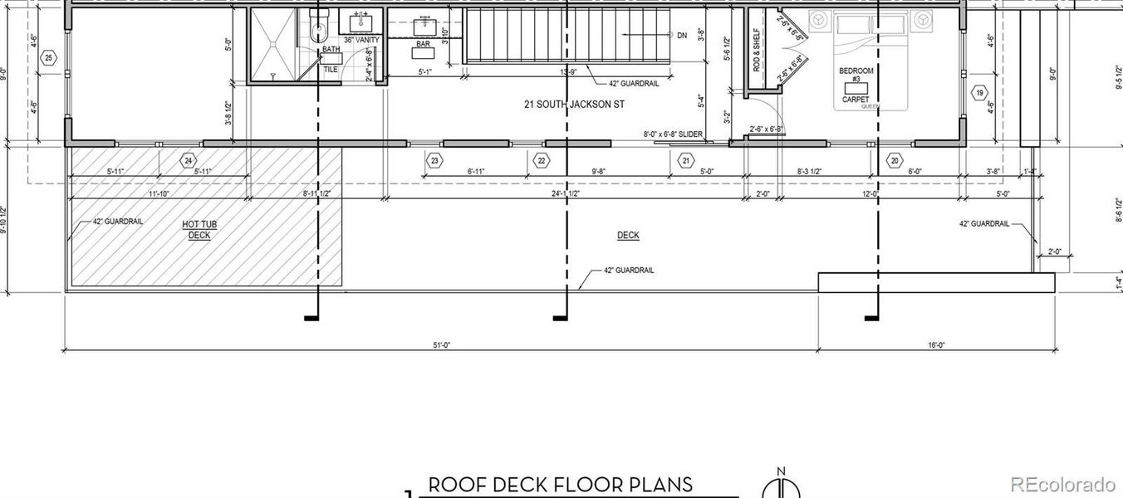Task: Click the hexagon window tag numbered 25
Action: tap(49, 57)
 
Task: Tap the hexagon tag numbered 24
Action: tap(189, 160)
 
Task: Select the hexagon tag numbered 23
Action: tap(434, 160)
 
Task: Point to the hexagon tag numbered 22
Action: tap(542, 160)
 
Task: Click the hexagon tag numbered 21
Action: tap(686, 160)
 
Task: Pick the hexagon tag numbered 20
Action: tap(895, 160)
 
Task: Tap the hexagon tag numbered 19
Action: tap(981, 93)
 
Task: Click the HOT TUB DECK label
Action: tap(199, 230)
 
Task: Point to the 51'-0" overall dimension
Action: tap(442, 345)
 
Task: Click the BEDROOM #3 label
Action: tap(856, 76)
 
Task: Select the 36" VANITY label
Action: tap(361, 40)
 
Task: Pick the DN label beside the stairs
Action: tap(682, 35)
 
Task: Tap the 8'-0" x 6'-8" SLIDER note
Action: tap(673, 134)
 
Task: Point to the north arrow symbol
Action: tap(781, 485)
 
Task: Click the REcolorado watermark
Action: tap(1064, 485)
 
